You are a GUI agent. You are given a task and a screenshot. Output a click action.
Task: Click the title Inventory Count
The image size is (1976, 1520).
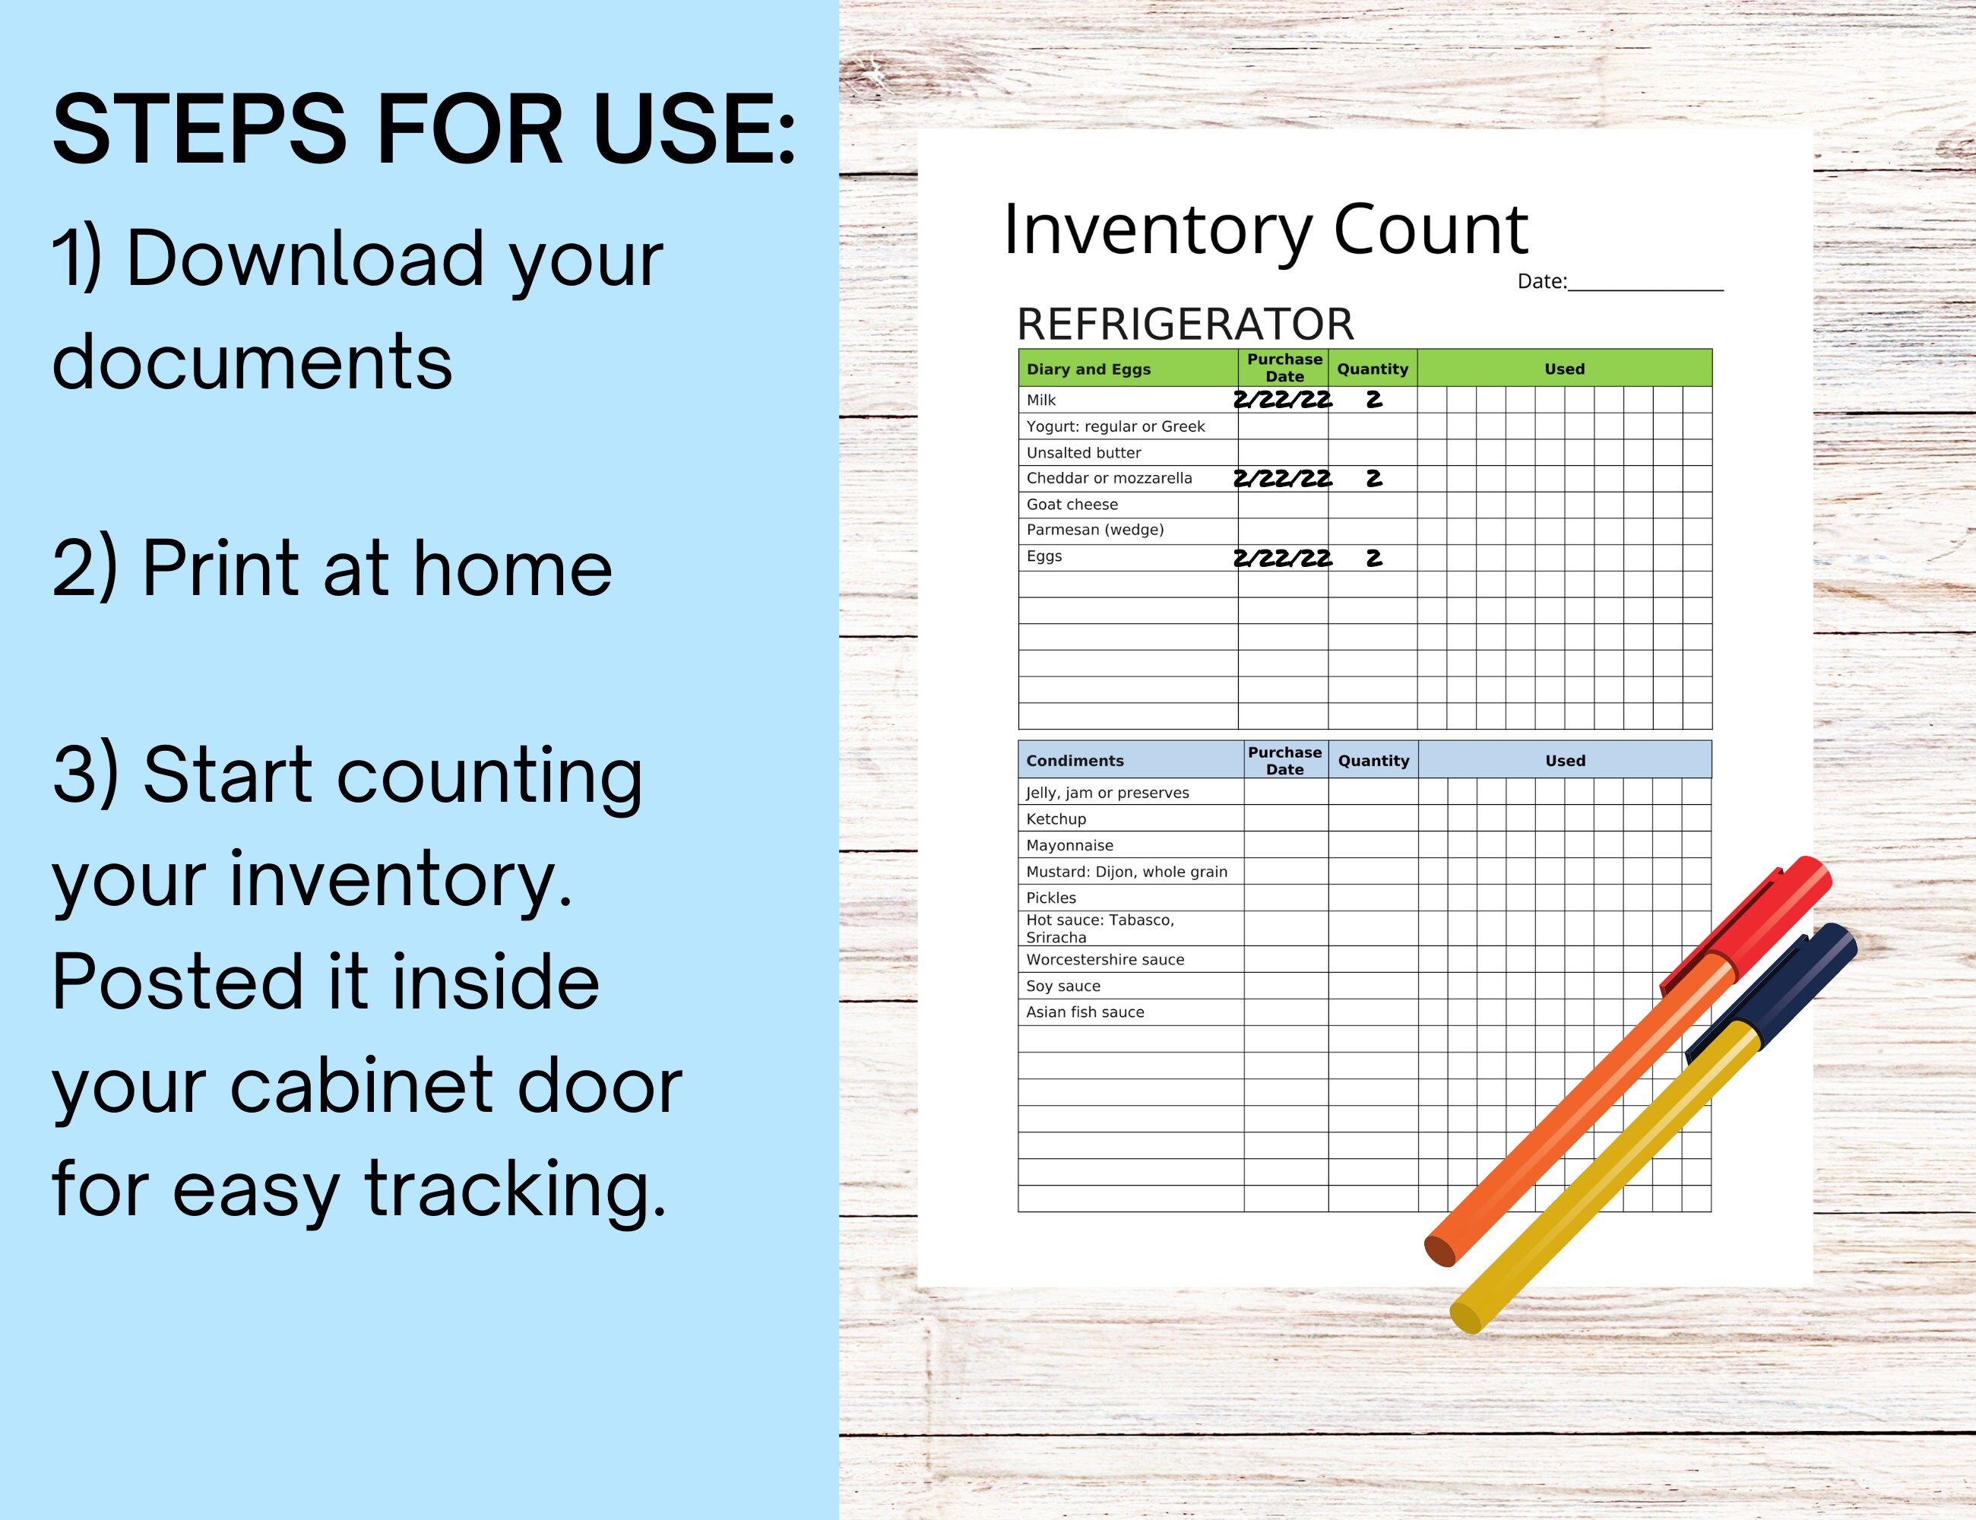point(1265,230)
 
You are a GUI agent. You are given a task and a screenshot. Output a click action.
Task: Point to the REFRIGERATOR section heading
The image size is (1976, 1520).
point(1186,324)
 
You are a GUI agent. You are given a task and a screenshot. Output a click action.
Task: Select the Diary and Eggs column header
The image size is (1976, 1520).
point(1088,369)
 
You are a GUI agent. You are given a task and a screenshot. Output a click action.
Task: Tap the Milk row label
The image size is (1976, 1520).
point(1040,400)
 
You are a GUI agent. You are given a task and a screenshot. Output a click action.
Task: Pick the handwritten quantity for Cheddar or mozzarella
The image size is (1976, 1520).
point(1373,479)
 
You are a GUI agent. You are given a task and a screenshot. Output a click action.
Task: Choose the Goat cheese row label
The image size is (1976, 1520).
point(1072,504)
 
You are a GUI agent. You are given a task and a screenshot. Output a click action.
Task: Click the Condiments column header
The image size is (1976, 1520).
point(1075,761)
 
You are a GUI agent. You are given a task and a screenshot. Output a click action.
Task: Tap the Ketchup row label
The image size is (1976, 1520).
point(1056,819)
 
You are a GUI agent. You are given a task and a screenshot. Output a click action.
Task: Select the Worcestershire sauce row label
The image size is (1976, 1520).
point(1105,959)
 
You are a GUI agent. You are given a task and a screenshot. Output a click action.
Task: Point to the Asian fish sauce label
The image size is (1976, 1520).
point(1085,1012)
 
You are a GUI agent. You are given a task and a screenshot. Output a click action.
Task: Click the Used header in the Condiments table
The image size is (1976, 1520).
point(1566,761)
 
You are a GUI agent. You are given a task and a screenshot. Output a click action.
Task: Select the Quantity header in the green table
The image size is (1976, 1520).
point(1373,369)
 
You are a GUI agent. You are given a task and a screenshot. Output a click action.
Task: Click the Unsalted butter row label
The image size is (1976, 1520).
point(1083,452)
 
